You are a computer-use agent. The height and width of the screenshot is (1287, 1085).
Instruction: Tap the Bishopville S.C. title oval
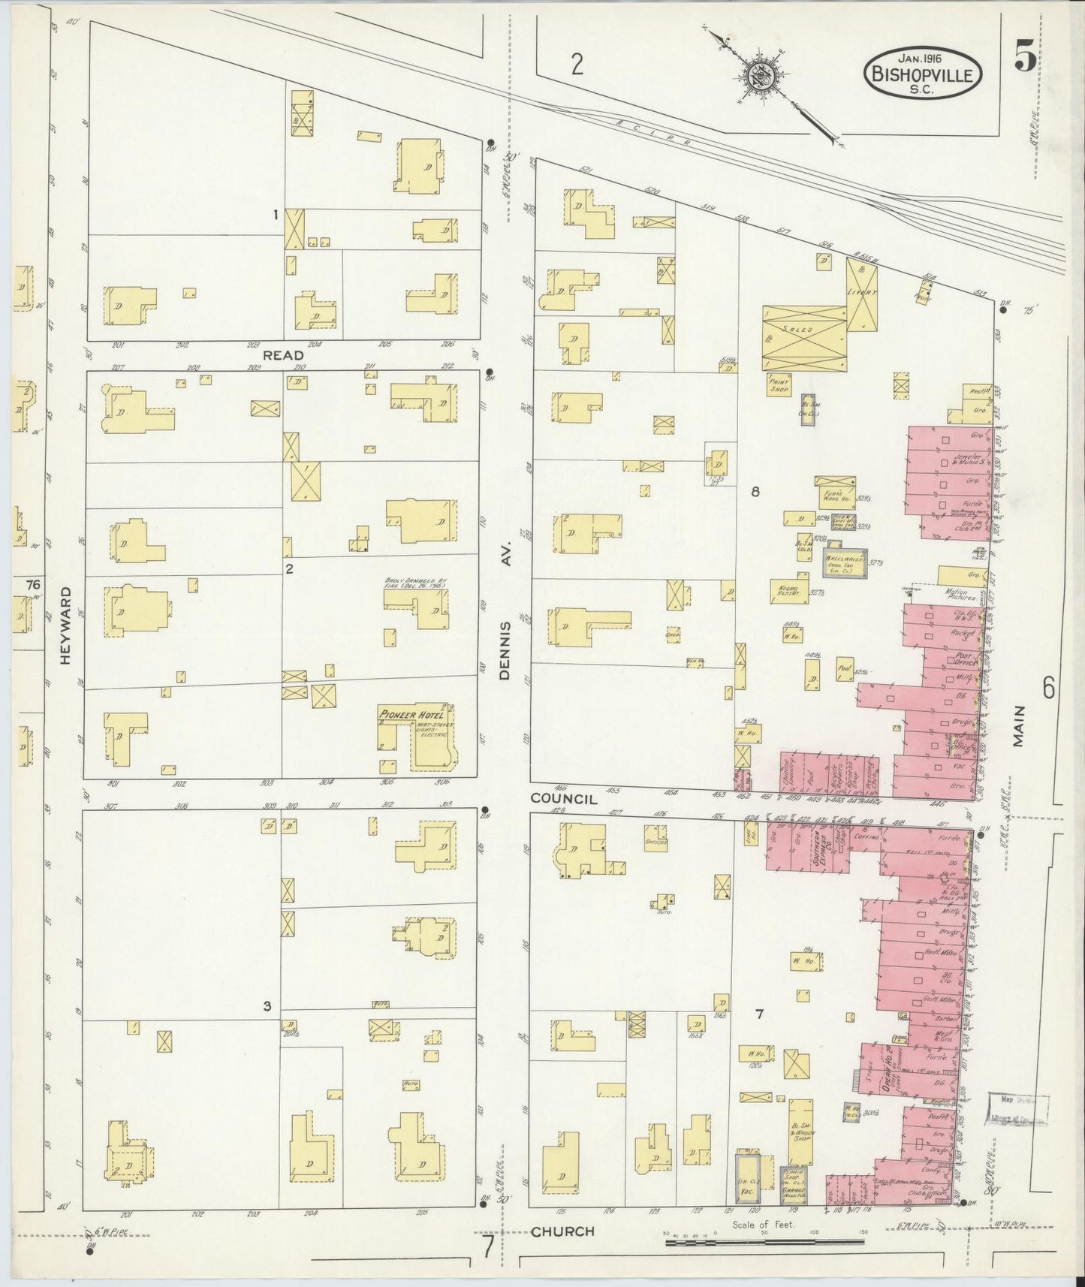923,73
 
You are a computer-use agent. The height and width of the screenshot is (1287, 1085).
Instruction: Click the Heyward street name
66,625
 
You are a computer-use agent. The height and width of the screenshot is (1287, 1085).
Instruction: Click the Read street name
283,355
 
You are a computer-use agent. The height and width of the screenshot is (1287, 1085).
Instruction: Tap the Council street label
564,799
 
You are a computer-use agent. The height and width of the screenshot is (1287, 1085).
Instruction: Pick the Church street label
562,1231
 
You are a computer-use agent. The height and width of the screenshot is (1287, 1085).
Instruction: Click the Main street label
1018,725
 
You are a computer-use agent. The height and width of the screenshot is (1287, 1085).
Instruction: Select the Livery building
862,294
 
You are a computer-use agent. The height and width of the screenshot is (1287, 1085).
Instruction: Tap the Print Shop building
780,384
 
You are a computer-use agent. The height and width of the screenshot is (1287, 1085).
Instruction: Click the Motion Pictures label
955,596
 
